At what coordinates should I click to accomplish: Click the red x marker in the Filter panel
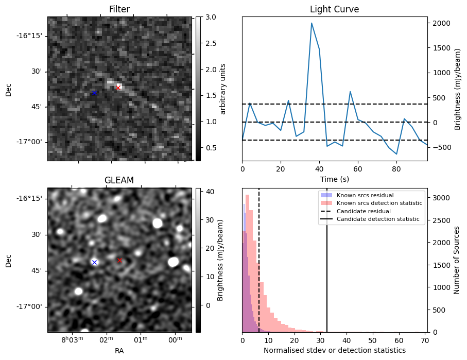coord(118,88)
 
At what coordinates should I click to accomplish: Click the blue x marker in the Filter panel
coord(94,93)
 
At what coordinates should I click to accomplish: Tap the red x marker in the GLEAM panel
coord(119,260)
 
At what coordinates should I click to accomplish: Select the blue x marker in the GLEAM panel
coord(94,262)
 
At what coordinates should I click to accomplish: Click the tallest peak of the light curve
coord(312,23)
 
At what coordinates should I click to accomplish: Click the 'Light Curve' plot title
coord(334,9)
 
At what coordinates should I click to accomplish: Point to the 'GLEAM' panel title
coord(119,180)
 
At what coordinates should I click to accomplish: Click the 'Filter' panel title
coord(119,9)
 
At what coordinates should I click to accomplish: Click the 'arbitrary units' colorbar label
coord(223,89)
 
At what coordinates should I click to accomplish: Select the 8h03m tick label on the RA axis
coord(73,339)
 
